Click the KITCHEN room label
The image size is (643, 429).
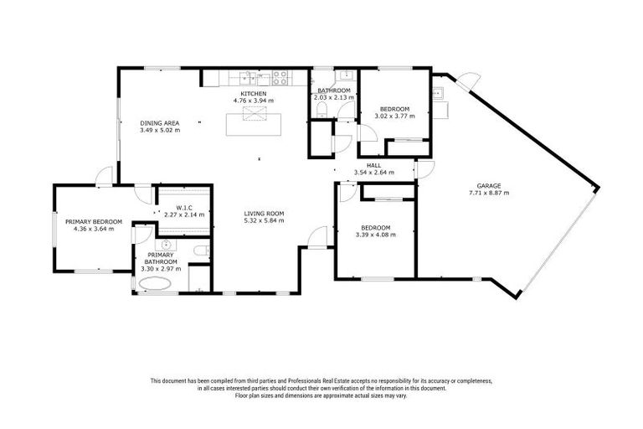point(253,93)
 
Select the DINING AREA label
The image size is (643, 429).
point(160,123)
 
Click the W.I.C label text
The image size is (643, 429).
point(186,208)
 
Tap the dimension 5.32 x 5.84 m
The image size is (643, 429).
point(264,220)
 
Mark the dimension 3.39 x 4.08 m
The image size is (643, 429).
point(375,235)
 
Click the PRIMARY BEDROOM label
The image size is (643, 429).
point(94,221)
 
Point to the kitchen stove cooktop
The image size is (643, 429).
point(282,80)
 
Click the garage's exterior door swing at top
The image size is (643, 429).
point(468,84)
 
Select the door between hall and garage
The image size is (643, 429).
point(424,170)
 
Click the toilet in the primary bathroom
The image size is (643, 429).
point(197,251)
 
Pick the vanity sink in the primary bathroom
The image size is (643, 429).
point(166,246)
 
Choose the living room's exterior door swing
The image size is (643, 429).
point(315,240)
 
